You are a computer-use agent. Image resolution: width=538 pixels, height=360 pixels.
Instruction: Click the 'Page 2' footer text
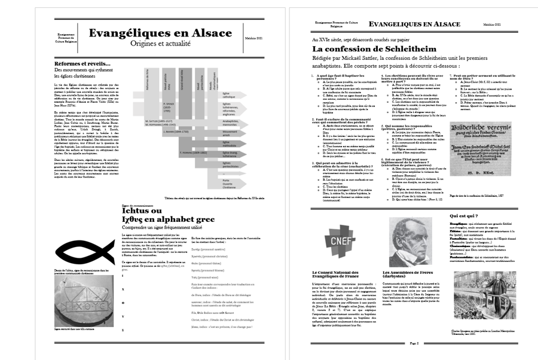(413, 343)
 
